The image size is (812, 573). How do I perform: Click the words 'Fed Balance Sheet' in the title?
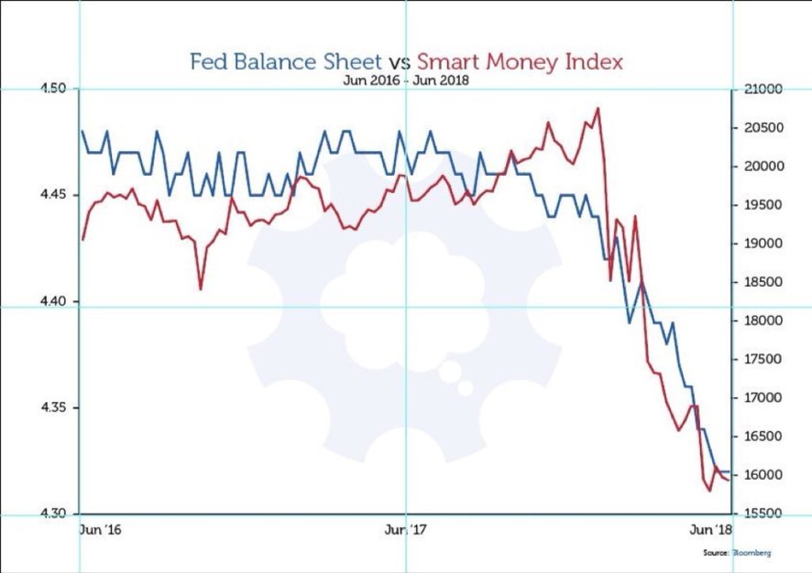tap(284, 62)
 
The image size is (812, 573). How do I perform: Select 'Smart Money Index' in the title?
tap(520, 62)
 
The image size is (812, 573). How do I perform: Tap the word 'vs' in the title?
tap(399, 63)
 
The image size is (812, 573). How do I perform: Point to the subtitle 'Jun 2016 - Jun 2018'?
tap(406, 80)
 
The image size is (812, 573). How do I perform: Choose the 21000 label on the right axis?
tap(762, 89)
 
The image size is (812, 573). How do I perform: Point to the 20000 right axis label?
tap(762, 167)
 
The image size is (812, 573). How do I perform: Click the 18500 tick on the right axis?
tap(762, 283)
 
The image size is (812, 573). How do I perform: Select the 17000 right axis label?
tap(762, 398)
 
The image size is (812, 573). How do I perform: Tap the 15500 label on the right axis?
tap(762, 514)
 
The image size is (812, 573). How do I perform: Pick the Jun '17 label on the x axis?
tap(409, 530)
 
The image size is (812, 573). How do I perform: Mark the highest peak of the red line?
tap(598, 108)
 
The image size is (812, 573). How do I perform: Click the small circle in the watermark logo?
tap(465, 389)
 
